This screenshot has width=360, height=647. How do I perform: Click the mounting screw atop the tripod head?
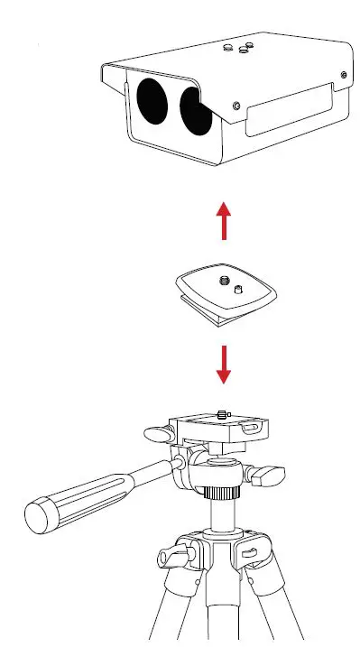tap(222, 415)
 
